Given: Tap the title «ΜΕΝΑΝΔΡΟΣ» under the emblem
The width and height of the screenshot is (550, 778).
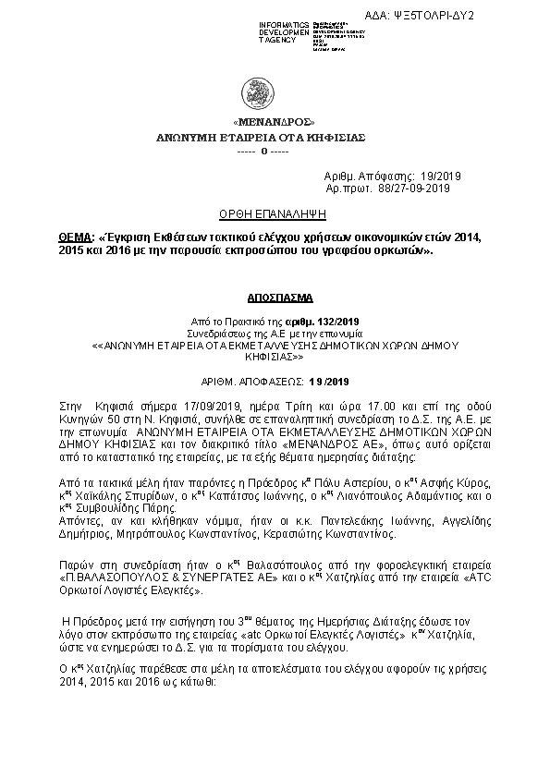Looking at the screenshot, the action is tap(275, 122).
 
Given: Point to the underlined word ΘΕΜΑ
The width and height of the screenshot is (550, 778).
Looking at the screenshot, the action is tap(76, 237).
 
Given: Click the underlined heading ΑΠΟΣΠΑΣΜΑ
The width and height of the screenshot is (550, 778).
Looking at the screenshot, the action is tap(275, 299).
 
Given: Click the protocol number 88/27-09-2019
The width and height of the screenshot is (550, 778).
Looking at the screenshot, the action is tap(414, 188).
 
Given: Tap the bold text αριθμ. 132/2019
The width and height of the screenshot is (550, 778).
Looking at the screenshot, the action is tap(336, 321).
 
